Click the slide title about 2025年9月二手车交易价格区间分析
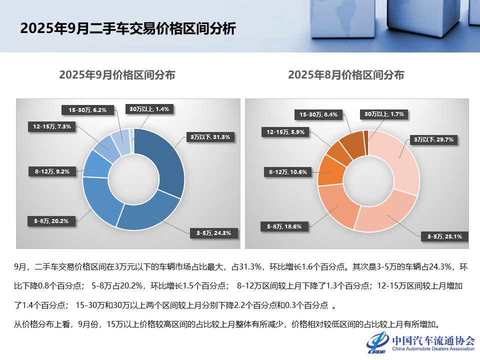[127, 28]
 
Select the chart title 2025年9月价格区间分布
[117, 75]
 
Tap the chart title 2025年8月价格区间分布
[346, 75]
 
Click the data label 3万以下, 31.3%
[209, 137]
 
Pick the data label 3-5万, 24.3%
[213, 233]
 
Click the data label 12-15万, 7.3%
[52, 127]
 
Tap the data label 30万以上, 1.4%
[149, 109]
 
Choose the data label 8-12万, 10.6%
[287, 172]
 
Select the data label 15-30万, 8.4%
[318, 114]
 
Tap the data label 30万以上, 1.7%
[383, 114]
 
